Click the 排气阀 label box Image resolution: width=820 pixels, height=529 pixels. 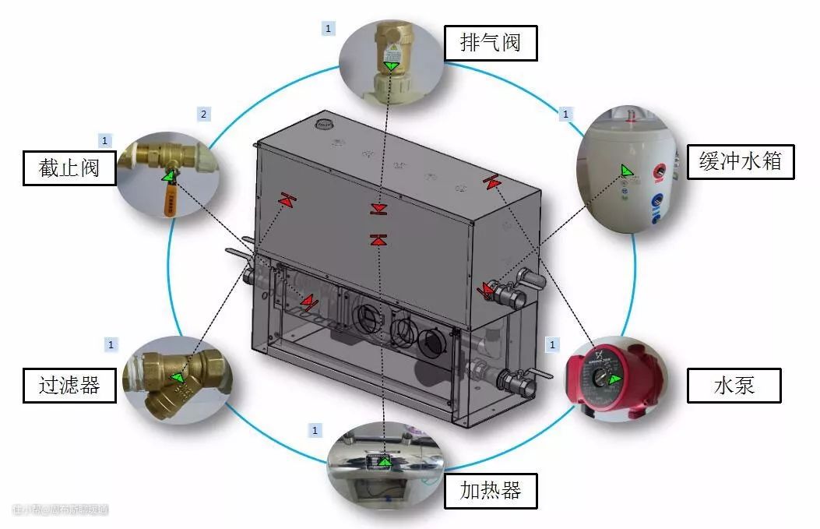(491, 42)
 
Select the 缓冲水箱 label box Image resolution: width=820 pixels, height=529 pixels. (741, 162)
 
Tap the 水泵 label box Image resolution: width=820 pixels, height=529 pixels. (734, 384)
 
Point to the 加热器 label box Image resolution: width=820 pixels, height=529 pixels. (491, 491)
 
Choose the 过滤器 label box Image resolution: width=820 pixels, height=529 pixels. (69, 384)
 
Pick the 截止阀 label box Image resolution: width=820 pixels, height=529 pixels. (69, 168)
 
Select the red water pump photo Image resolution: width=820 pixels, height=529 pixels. (614, 380)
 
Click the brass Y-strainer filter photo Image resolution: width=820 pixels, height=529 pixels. (177, 379)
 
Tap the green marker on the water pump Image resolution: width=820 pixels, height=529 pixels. (616, 379)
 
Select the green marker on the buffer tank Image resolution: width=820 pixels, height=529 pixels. (628, 170)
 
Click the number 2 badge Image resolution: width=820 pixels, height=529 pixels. (204, 115)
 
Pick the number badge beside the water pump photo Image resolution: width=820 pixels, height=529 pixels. (553, 344)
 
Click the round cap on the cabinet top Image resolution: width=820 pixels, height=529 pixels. (323, 123)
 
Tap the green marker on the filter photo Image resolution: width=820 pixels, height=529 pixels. (178, 378)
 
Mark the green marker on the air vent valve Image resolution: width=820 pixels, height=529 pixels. (392, 66)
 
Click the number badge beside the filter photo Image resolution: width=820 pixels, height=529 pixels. (111, 344)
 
